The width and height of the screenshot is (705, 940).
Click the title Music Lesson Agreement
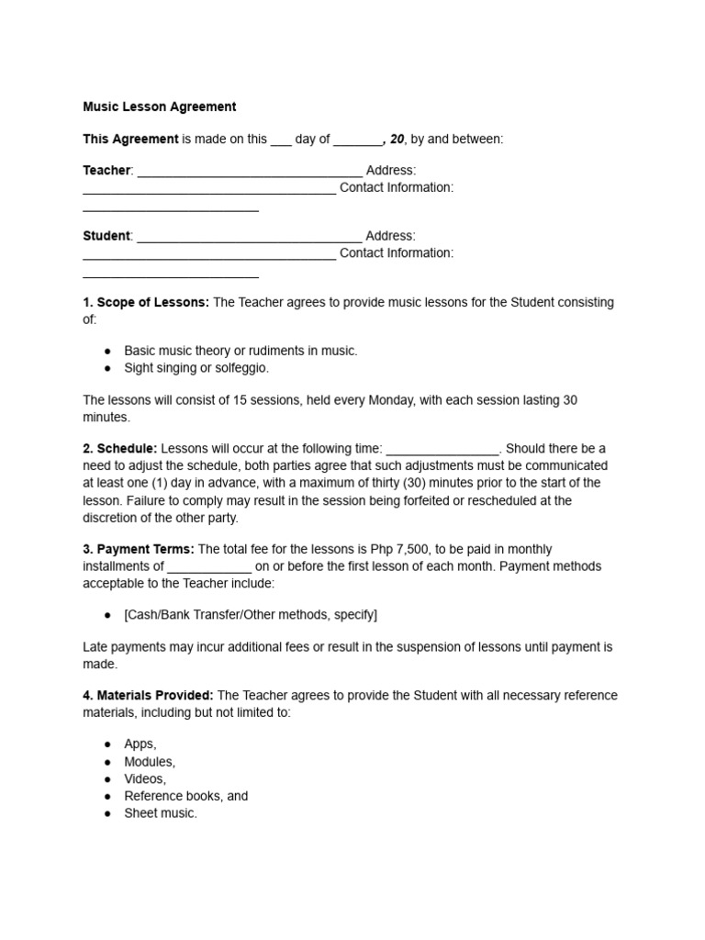pyautogui.click(x=159, y=106)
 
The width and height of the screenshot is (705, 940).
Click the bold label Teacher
pyautogui.click(x=107, y=171)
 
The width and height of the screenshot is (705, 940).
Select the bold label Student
pyautogui.click(x=106, y=236)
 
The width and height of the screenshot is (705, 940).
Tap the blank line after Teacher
pyautogui.click(x=249, y=173)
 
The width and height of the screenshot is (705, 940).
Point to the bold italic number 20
pyautogui.click(x=397, y=139)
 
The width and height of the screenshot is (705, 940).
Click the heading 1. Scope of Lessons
pyautogui.click(x=146, y=302)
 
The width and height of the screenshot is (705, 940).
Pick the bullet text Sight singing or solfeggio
pyautogui.click(x=196, y=368)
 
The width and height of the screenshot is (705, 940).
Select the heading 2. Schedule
pyautogui.click(x=120, y=448)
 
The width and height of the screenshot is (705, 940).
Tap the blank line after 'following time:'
pyautogui.click(x=442, y=450)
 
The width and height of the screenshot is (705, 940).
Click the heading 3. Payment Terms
pyautogui.click(x=139, y=549)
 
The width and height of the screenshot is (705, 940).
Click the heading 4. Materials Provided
pyautogui.click(x=149, y=695)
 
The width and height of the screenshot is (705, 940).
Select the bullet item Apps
pyautogui.click(x=140, y=744)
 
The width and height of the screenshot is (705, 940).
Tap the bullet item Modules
pyautogui.click(x=150, y=761)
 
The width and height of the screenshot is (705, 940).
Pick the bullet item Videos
pyautogui.click(x=145, y=778)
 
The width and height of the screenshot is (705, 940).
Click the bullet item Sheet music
pyautogui.click(x=161, y=813)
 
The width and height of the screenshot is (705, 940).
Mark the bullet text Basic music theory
pyautogui.click(x=186, y=351)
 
